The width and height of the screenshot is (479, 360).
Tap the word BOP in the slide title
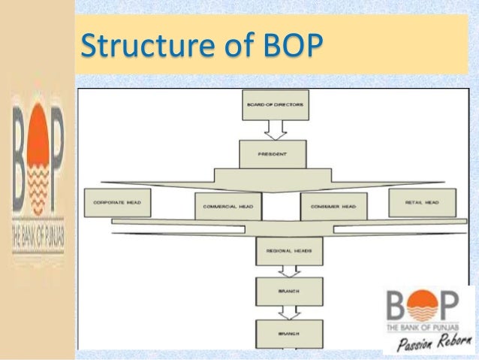tap(287, 47)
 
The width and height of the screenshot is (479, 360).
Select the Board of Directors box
tap(275, 105)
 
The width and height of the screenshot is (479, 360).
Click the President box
tap(273, 154)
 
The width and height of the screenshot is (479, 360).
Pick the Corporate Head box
tap(118, 203)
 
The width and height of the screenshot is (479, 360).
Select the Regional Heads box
tap(289, 251)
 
